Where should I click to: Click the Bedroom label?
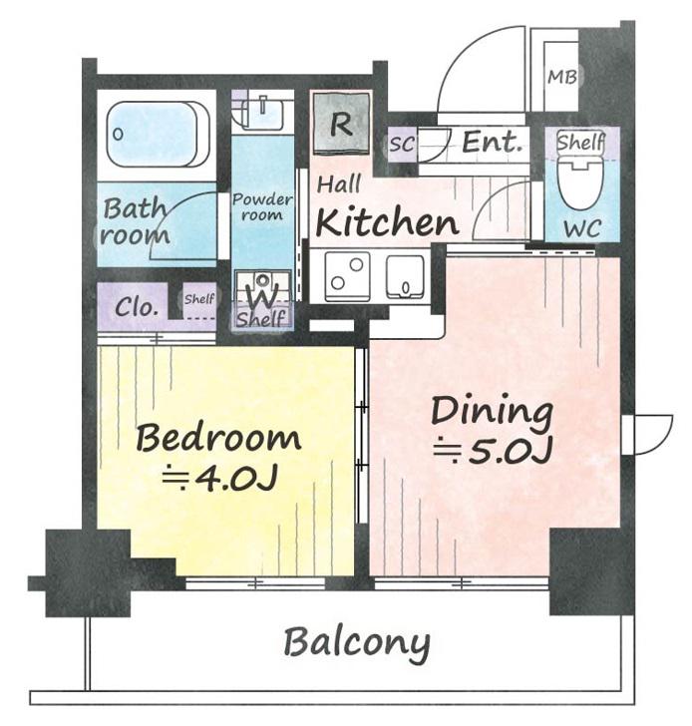click(218, 439)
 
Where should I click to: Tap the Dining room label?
click(492, 411)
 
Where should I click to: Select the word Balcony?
click(356, 643)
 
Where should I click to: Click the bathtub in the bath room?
click(159, 134)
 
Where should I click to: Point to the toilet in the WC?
click(580, 183)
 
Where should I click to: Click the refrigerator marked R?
click(342, 124)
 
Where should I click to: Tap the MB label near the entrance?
click(562, 77)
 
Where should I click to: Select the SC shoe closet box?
click(402, 145)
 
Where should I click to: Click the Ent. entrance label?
click(493, 143)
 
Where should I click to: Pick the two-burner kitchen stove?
click(348, 277)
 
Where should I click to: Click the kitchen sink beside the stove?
click(405, 277)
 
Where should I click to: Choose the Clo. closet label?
click(137, 306)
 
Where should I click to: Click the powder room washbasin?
click(262, 113)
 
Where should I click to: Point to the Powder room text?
click(262, 207)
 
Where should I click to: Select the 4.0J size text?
click(220, 480)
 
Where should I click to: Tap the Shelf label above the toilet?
click(581, 143)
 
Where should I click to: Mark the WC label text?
click(582, 228)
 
